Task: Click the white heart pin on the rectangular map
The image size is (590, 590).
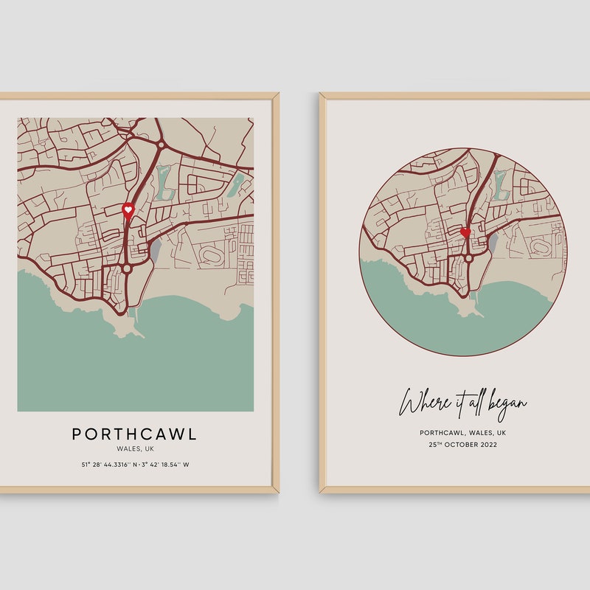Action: pos(128,210)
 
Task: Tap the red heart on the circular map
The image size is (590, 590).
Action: pos(465,232)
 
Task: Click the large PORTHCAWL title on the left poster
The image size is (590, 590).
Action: pos(134,434)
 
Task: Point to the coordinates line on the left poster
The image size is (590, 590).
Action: pos(135,465)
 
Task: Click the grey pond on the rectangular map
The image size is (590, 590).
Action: pos(156,249)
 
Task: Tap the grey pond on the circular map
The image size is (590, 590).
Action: pos(493,243)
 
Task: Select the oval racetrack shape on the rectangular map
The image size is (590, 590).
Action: pos(210,257)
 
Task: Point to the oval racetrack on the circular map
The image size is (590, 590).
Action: pos(540,246)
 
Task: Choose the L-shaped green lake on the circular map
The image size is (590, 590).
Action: pos(502,184)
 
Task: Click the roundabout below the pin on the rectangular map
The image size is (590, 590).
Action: pos(127,268)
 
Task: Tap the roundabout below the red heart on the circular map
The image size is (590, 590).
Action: pos(468,258)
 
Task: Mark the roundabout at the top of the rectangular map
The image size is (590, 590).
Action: pos(160,144)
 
